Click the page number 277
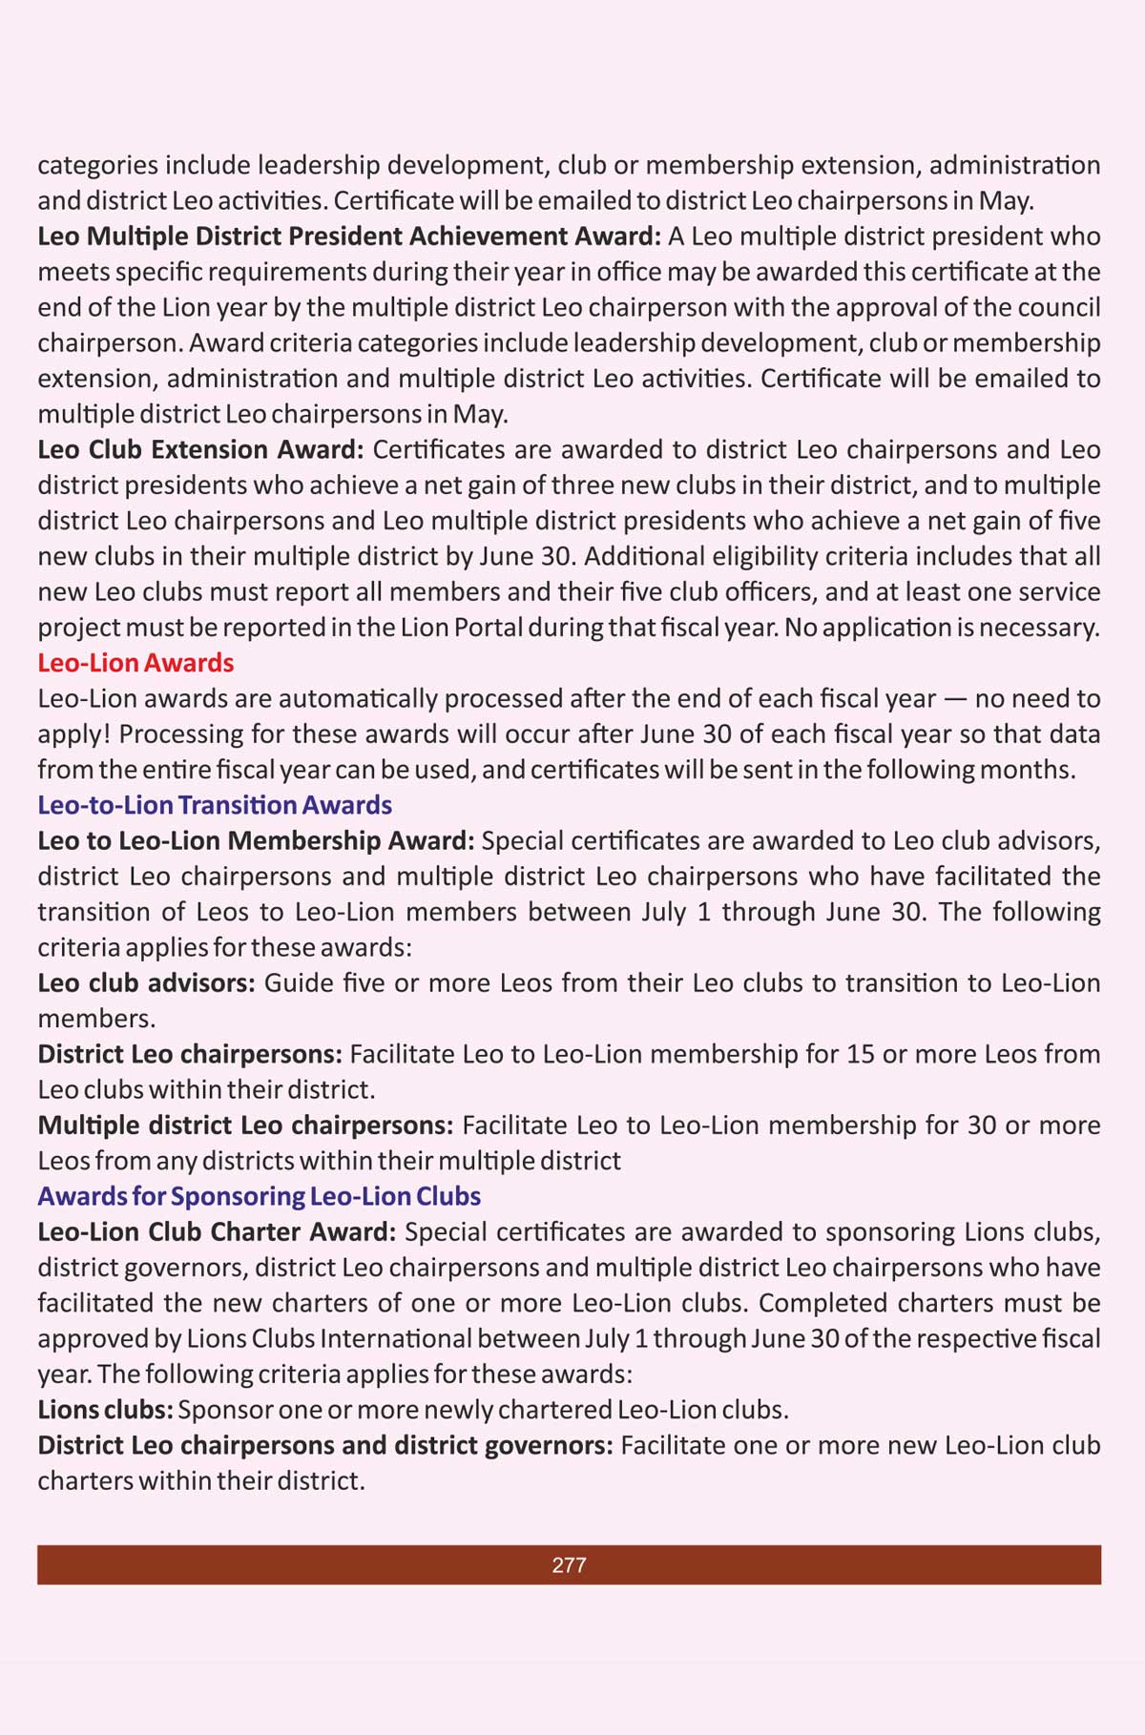pyautogui.click(x=569, y=1564)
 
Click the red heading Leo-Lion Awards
pyautogui.click(x=135, y=663)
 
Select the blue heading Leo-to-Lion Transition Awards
pyautogui.click(x=215, y=805)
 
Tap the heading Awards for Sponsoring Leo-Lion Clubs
pyautogui.click(x=259, y=1196)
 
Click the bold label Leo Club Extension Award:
pyautogui.click(x=200, y=449)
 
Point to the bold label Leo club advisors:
pyautogui.click(x=146, y=983)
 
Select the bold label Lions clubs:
pyautogui.click(x=105, y=1410)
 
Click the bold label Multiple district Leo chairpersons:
pyautogui.click(x=245, y=1126)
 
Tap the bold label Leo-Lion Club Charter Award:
pyautogui.click(x=217, y=1232)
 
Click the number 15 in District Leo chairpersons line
pyautogui.click(x=861, y=1054)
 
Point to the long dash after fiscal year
pyautogui.click(x=955, y=699)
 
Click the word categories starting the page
pyautogui.click(x=97, y=166)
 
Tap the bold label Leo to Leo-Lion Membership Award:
pyautogui.click(x=256, y=841)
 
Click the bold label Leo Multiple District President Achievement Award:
pyautogui.click(x=348, y=237)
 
